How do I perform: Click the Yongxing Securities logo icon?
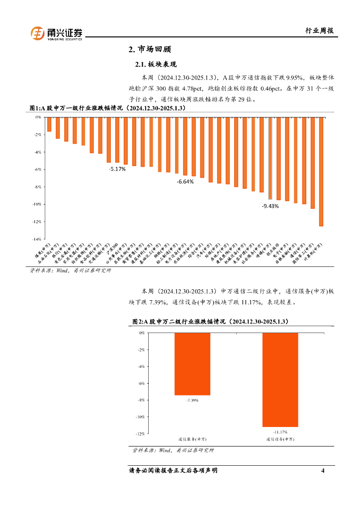38,33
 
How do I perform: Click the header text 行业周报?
318,31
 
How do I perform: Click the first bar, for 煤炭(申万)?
49,124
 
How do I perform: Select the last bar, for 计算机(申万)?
321,171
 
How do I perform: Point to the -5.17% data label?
117,169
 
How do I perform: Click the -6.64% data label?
185,182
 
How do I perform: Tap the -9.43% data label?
270,206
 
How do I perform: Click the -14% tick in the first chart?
37,239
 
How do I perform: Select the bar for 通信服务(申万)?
192,363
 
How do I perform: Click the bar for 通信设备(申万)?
280,379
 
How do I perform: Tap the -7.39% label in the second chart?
192,400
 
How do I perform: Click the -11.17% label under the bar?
280,431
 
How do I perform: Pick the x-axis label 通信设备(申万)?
280,439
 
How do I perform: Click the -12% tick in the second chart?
141,434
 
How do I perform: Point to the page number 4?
323,470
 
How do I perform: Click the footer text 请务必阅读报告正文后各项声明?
173,470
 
